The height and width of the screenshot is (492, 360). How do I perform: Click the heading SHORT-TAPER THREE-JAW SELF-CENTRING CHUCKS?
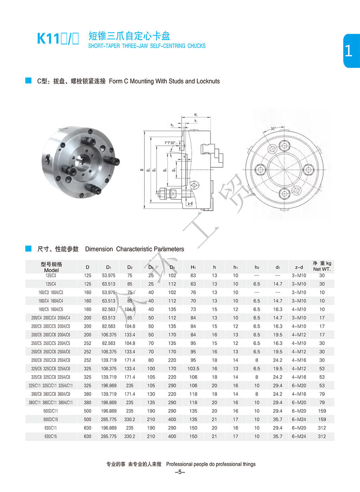(x=147, y=46)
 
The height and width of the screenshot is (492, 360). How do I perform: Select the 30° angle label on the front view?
(x=273, y=129)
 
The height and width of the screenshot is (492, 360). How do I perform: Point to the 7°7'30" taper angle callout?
(x=170, y=143)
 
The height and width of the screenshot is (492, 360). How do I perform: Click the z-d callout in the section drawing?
(x=190, y=203)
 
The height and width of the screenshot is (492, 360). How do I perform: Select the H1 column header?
(x=193, y=267)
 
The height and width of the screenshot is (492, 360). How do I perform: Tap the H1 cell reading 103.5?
(x=193, y=369)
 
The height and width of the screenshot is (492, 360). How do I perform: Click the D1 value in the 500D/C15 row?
(x=109, y=420)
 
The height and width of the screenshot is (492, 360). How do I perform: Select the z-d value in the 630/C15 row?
(x=299, y=436)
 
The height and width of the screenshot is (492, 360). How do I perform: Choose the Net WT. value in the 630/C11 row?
(x=322, y=428)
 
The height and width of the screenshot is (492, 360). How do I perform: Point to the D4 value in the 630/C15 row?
(x=172, y=436)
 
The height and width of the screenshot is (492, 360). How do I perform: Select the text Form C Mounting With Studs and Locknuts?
(x=164, y=81)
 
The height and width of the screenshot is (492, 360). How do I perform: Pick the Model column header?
(x=51, y=267)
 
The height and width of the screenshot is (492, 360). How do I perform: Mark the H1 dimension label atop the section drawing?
(x=196, y=114)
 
